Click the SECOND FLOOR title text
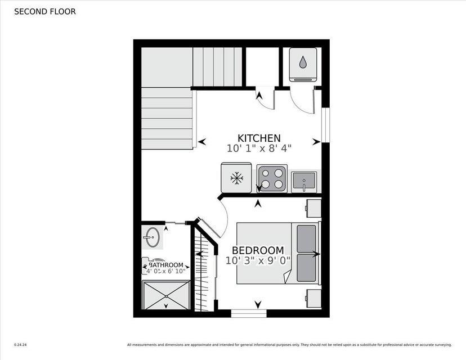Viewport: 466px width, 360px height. tap(44, 11)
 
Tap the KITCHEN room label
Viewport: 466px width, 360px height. tap(259, 138)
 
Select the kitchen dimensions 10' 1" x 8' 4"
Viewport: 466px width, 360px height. tap(259, 148)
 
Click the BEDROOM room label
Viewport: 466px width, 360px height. tap(258, 250)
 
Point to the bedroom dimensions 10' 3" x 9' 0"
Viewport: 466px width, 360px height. tap(258, 260)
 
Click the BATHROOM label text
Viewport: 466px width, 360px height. tap(166, 265)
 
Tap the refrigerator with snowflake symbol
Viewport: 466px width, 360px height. tap(236, 178)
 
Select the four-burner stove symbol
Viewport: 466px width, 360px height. tap(272, 178)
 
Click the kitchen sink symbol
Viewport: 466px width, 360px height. tap(304, 182)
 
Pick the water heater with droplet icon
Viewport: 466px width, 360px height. tap(303, 64)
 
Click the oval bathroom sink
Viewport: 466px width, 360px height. tap(151, 237)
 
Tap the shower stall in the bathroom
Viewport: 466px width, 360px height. tap(166, 295)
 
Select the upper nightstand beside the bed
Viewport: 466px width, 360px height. tap(313, 208)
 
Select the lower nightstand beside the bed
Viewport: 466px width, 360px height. tap(313, 298)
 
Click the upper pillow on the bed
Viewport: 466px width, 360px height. tap(306, 238)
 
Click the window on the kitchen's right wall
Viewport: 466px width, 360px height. tap(325, 125)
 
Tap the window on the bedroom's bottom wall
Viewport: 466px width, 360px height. tap(248, 313)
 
